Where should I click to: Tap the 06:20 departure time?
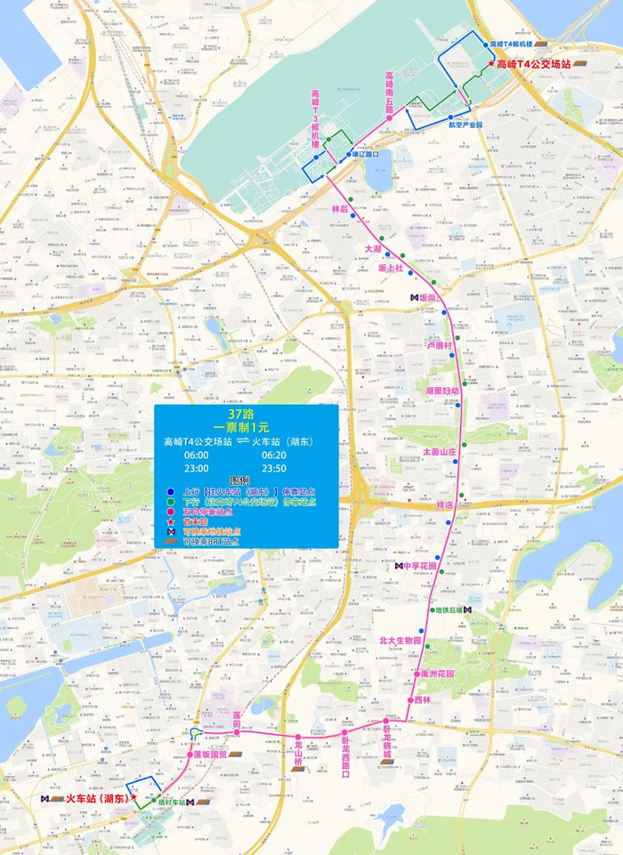click(276, 455)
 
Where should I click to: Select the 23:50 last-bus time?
click(276, 468)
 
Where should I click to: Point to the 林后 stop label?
click(339, 209)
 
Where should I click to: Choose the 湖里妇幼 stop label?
click(442, 391)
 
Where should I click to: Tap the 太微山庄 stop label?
click(439, 452)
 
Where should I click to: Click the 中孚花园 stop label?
click(420, 566)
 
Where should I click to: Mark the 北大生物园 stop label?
click(400, 640)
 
